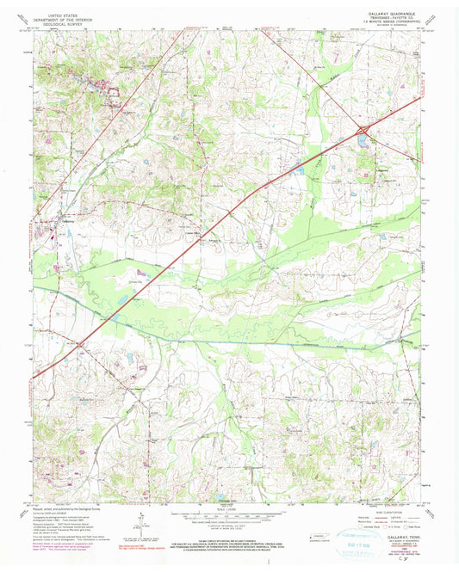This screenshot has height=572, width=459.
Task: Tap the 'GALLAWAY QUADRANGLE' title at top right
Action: click(x=392, y=15)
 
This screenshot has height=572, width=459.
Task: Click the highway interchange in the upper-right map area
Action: click(x=363, y=131)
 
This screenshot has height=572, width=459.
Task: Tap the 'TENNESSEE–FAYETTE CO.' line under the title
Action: click(x=392, y=20)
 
